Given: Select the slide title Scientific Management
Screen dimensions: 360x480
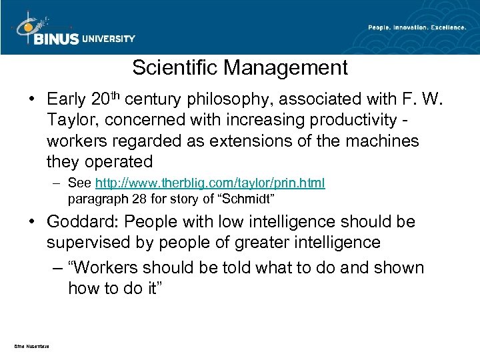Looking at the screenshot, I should coord(240,67).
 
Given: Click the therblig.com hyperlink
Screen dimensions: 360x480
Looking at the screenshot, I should coord(211,183).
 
